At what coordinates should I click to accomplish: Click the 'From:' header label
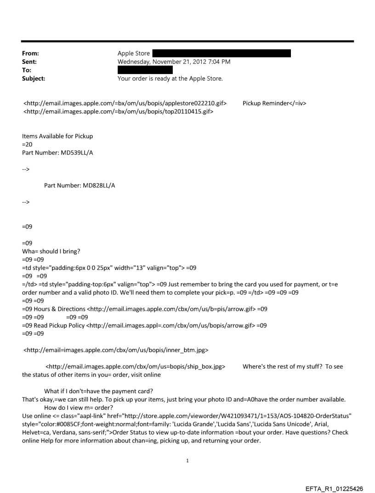point(31,54)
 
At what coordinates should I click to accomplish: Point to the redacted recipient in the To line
point(145,70)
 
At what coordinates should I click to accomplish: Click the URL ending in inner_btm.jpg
point(116,351)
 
